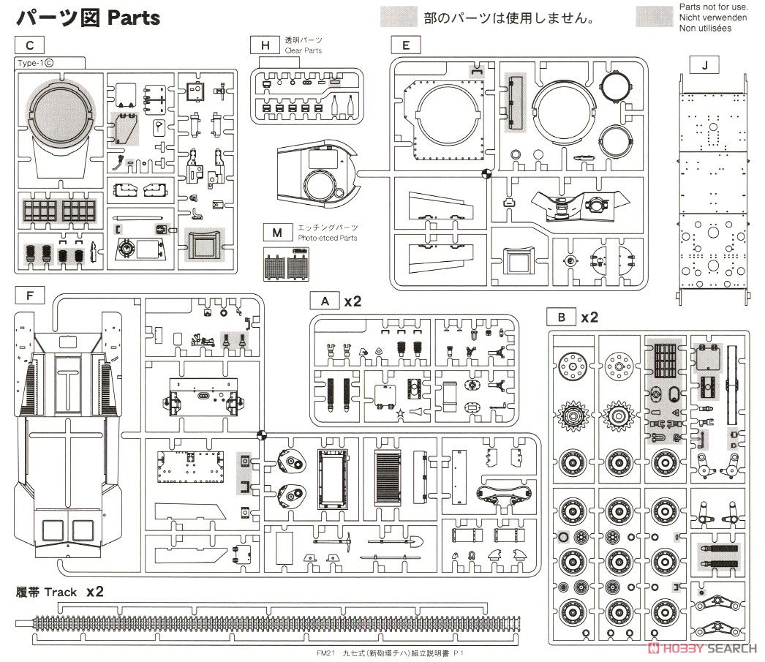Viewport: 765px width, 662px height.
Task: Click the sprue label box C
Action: (30, 45)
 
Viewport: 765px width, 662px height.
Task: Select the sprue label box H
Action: (265, 45)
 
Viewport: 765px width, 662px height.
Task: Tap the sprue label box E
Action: (406, 45)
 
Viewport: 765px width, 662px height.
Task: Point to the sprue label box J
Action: (704, 65)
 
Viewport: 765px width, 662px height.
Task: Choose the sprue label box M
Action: (277, 233)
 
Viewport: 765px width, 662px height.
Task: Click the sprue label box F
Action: (30, 296)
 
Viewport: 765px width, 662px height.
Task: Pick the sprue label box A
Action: (325, 301)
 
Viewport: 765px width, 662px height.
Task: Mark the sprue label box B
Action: (562, 317)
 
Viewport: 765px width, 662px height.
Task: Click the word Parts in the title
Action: (134, 18)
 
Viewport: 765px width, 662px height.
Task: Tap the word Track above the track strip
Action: (61, 593)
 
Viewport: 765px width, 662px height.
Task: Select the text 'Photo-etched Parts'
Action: (328, 238)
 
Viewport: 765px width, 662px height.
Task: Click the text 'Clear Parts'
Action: (303, 50)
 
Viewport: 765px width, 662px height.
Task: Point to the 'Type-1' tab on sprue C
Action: (36, 63)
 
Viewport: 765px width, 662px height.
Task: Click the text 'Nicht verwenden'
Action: (713, 18)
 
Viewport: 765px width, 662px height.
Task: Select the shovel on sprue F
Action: (396, 541)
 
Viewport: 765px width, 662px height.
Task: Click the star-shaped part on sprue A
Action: (401, 413)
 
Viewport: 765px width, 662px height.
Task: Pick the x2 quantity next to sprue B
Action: (589, 317)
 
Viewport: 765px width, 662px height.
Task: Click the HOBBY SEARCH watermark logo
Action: (703, 648)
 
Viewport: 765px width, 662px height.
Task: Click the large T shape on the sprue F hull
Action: (67, 386)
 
